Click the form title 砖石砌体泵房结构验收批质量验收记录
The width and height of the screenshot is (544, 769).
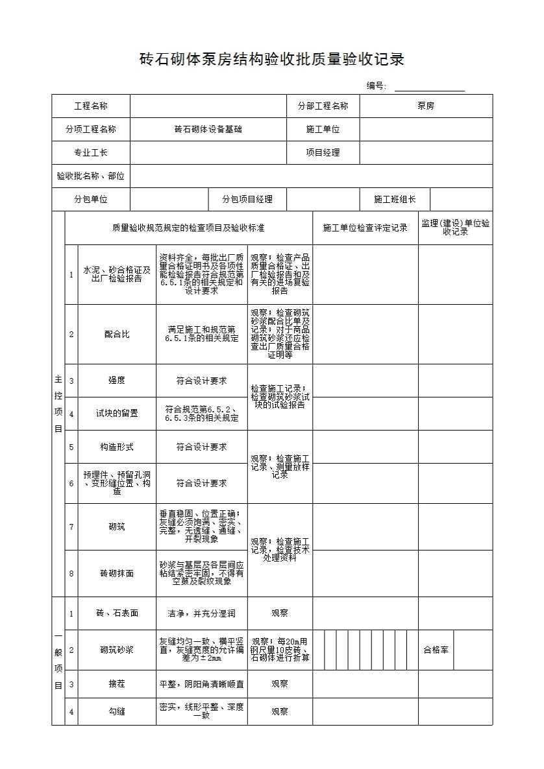(272, 60)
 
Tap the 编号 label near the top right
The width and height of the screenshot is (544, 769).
(377, 86)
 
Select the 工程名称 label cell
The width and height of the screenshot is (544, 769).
(91, 106)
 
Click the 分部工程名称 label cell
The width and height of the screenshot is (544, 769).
(323, 106)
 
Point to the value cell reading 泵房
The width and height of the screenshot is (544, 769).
(426, 106)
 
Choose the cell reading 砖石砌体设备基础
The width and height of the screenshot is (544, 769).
(208, 130)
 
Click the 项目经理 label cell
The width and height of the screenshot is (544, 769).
(323, 153)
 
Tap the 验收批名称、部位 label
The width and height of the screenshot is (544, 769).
(91, 176)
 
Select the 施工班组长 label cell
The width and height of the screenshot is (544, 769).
(395, 200)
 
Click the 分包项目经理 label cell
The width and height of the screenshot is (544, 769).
(247, 200)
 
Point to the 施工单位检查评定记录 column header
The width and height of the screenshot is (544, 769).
(365, 228)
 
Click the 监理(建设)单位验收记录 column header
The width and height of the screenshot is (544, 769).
(455, 228)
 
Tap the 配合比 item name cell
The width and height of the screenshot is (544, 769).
(117, 335)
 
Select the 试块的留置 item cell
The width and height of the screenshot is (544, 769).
(117, 414)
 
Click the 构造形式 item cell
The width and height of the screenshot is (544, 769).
(117, 447)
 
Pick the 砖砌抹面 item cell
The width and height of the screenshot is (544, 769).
(117, 574)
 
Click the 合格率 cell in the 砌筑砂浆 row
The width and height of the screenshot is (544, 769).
(436, 650)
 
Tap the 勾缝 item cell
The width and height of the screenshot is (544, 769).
(117, 712)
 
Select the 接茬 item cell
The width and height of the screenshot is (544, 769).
(117, 684)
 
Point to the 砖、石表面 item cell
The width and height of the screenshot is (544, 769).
(117, 613)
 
